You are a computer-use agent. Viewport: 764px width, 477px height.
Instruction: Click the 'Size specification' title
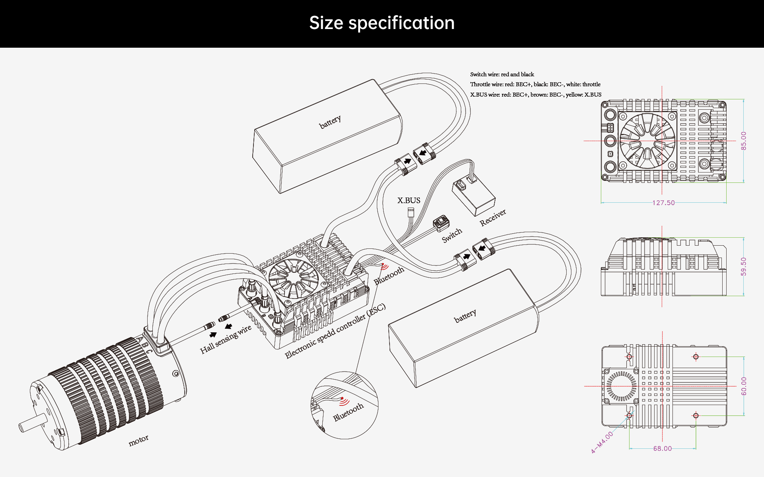pos(382,23)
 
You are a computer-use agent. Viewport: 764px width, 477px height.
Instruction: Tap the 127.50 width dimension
pos(663,203)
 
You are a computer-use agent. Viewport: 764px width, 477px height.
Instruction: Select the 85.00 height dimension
pos(743,141)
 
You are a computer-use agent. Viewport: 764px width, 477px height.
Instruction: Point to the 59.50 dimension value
pos(743,266)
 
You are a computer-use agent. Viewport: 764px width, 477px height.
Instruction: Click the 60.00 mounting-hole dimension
pos(743,386)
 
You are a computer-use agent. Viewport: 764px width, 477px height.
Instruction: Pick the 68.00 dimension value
pos(662,448)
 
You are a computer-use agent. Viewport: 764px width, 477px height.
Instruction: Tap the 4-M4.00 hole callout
pos(602,442)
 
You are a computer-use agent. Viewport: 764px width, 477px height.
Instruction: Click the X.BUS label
pos(409,200)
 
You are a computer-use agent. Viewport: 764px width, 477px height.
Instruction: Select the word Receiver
pos(493,218)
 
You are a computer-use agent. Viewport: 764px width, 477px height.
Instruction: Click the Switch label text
pos(452,235)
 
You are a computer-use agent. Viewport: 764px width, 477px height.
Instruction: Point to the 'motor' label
pos(138,440)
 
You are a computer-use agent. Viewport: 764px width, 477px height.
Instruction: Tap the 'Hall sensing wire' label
pos(226,339)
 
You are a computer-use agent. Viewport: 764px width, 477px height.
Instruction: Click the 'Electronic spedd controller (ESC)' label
pos(335,331)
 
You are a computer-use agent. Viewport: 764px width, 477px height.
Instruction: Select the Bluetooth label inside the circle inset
pos(348,412)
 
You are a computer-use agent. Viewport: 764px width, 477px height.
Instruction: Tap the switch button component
pos(440,223)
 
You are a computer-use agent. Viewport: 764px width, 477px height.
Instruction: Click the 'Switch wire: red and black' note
pos(502,74)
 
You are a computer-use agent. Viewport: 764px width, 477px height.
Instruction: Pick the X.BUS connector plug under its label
pos(411,212)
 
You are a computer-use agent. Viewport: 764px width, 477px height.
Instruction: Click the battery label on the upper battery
pos(330,122)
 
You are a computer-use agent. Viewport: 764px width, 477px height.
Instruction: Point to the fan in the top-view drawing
pos(647,141)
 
